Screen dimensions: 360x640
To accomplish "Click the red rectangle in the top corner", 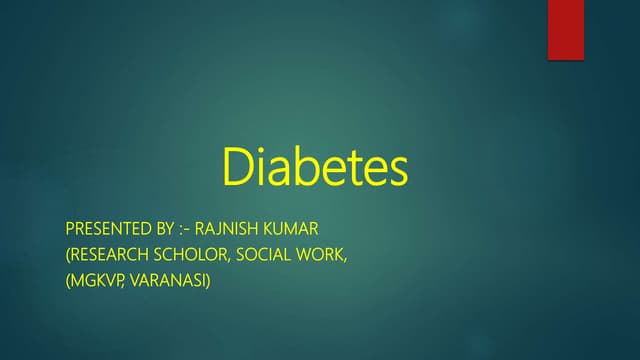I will point(565,30).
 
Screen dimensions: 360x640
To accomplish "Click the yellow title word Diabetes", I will point(315,168).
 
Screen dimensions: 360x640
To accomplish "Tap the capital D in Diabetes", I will point(236,168).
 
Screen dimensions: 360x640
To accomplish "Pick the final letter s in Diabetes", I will point(398,172).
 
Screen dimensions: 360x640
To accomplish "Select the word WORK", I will point(324,256).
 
